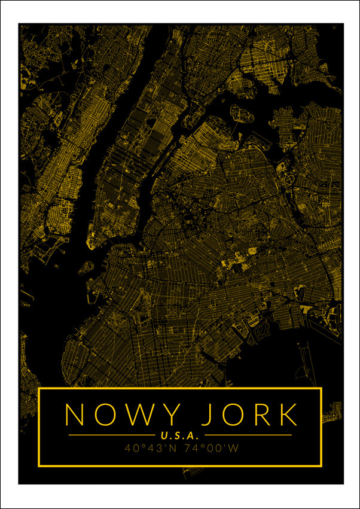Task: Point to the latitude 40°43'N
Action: coord(150,447)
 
